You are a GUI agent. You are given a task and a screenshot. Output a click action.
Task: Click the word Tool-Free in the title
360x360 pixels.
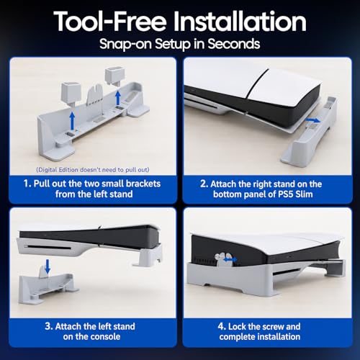(110, 21)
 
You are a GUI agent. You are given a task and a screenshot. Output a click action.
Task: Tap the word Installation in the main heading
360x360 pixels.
(240, 21)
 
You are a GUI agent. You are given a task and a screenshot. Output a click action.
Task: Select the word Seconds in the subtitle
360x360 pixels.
(234, 44)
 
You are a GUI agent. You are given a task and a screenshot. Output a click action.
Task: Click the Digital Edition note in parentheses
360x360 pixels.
(93, 170)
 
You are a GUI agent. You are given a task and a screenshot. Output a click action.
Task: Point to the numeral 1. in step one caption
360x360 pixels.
(27, 184)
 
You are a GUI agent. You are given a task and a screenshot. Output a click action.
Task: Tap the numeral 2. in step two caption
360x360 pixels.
(204, 184)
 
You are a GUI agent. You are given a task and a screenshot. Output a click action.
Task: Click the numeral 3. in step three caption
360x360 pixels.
(49, 326)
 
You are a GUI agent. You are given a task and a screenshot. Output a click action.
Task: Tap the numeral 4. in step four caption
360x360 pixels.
(222, 326)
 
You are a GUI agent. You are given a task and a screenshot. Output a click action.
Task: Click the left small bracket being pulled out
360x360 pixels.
(71, 93)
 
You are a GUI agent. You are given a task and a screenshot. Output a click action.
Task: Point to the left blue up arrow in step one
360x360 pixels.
(72, 122)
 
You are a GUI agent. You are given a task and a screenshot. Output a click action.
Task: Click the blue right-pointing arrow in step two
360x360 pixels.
(312, 120)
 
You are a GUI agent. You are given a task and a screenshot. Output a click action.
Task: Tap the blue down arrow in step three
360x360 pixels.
(48, 266)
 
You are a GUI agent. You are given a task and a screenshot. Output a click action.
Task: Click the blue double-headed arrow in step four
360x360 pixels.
(230, 259)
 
